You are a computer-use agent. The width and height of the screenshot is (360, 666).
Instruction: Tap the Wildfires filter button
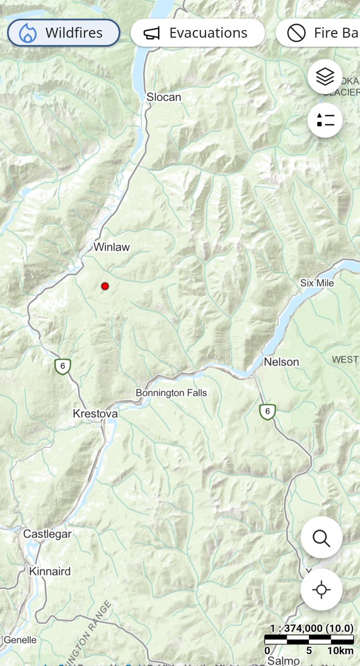pos(63,33)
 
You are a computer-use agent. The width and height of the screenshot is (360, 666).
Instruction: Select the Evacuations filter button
pos(197,33)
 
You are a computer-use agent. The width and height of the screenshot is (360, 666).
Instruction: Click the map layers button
pos(325,77)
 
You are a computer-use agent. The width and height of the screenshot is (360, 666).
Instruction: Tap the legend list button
pos(325,120)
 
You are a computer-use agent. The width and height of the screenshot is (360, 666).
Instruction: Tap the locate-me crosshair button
pos(321,589)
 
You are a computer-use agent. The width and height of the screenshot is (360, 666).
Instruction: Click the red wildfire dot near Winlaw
pos(105,286)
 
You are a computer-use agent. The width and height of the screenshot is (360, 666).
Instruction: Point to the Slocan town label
pos(164,97)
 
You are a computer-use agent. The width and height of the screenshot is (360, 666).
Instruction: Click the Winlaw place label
pos(111,247)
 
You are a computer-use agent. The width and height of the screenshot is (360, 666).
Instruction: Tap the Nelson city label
pos(281,362)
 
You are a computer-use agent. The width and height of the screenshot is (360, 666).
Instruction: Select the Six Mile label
pos(317,283)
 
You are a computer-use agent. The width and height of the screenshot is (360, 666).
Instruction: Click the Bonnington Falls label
pos(171,393)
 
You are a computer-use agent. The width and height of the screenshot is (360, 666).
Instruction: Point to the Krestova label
pos(95,414)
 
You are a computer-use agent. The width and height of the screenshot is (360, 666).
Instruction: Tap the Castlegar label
pos(48,534)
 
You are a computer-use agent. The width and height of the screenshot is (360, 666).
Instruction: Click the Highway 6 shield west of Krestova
pos(63,366)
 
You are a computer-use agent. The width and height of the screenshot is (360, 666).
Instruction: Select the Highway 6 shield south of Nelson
pos(267,411)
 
